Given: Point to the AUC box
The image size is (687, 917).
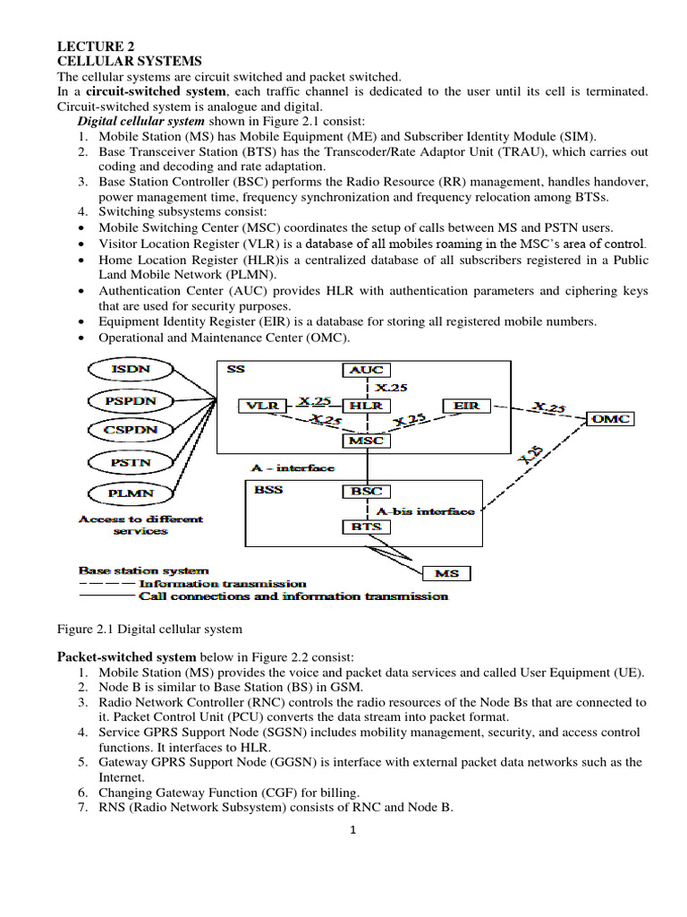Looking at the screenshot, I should point(366,369).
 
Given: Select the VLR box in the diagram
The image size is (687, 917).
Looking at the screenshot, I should point(263,406).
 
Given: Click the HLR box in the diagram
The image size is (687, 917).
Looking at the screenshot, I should point(366,406).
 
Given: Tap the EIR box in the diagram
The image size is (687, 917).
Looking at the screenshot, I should point(466,406).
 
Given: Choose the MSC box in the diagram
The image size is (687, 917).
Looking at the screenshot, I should point(366,440).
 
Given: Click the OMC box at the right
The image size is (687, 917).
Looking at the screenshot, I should point(611,418).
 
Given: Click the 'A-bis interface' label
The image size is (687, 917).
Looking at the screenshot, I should point(425,510).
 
